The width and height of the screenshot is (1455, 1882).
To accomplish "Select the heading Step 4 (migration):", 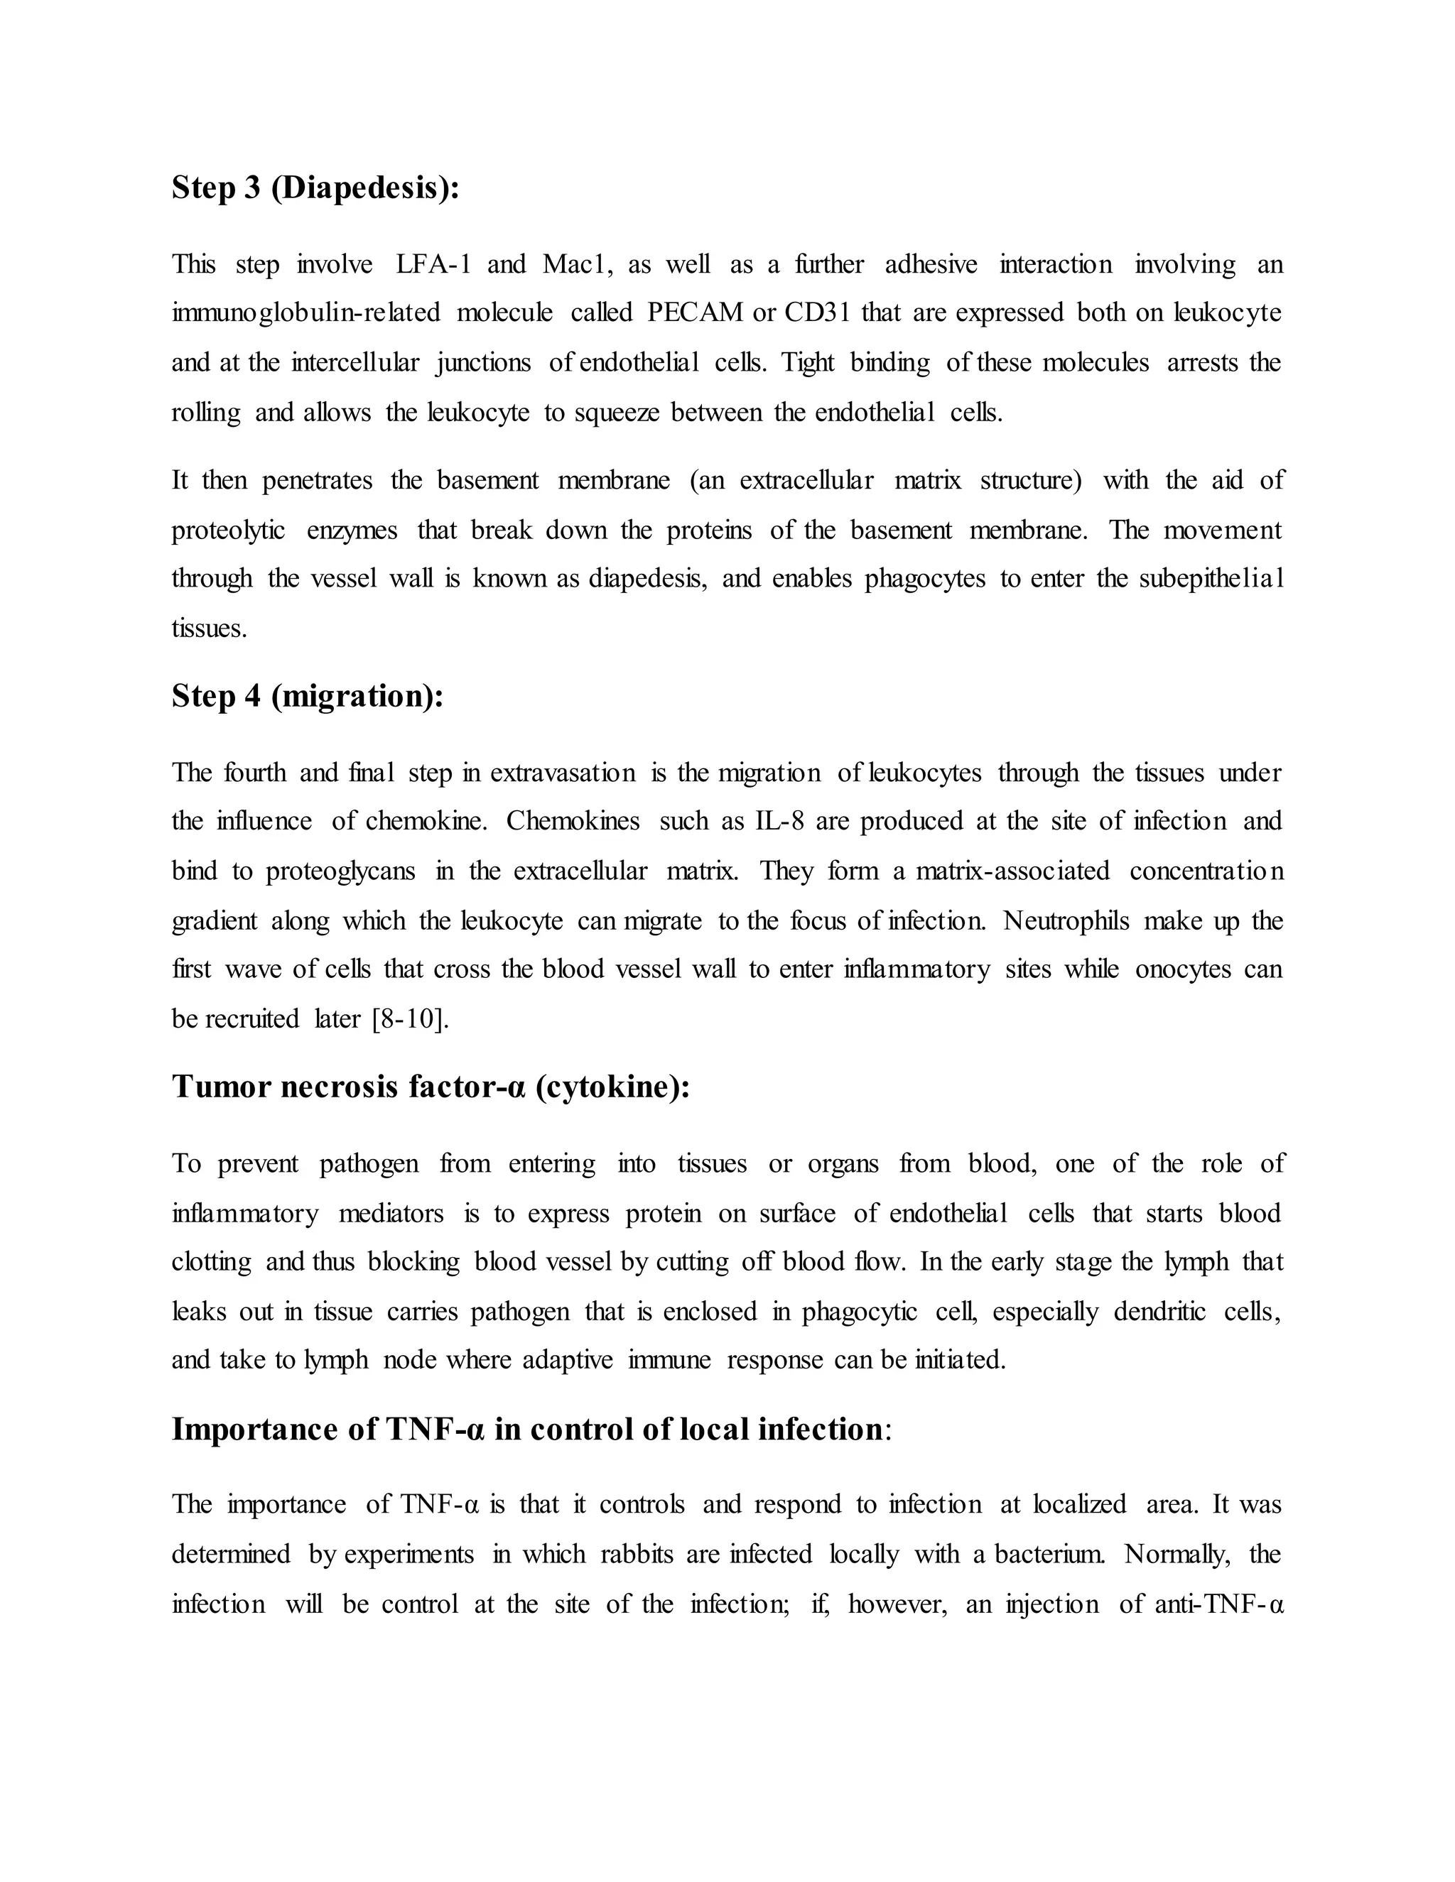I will [308, 695].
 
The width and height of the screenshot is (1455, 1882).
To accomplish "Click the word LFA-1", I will [433, 263].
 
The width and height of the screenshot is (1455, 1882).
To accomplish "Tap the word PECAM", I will [695, 312].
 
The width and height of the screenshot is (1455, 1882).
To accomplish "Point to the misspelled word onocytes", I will [1183, 969].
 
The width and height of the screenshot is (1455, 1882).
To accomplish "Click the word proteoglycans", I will [340, 871].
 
